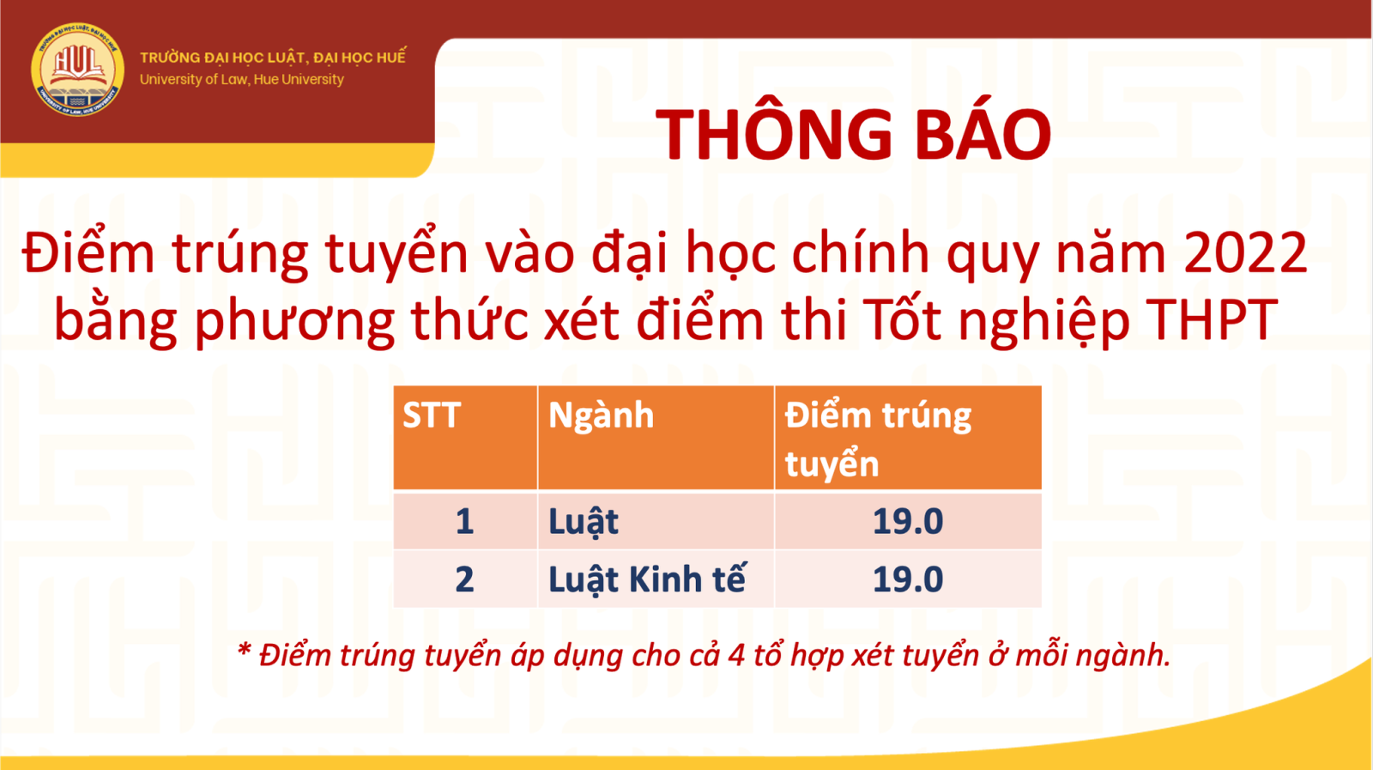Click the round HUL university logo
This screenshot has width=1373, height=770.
77,70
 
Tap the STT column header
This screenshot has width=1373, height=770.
432,415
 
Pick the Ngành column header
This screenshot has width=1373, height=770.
602,415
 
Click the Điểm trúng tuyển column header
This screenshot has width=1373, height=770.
879,439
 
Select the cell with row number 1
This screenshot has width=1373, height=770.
464,522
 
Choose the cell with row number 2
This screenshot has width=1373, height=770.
464,579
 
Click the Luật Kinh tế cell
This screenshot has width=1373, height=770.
647,579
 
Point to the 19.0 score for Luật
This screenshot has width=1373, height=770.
908,522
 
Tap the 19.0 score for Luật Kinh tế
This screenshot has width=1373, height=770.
908,579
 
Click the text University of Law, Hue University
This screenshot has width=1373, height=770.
241,79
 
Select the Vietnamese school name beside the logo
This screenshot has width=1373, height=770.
273,57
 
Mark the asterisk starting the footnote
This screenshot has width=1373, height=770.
244,651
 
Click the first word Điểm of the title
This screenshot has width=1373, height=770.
88,252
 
